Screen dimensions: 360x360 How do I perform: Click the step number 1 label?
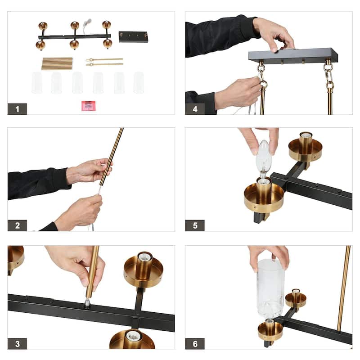[17, 109]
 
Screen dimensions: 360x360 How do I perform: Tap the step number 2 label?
[17, 225]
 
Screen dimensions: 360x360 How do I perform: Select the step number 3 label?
[17, 344]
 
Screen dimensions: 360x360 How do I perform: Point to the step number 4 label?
[195, 109]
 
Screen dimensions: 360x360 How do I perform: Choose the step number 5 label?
[195, 225]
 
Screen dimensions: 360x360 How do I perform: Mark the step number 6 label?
[195, 344]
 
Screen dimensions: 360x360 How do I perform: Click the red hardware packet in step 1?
[88, 106]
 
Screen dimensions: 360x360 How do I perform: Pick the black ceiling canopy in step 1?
[133, 37]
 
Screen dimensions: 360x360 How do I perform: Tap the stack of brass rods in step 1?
[57, 63]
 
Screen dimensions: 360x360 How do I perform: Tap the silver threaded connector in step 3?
[87, 302]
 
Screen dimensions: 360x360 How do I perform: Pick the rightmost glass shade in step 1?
[139, 83]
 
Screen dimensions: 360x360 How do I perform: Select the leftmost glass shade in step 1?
[37, 83]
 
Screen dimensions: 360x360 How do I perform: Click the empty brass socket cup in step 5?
[306, 147]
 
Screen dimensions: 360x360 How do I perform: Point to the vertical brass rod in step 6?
[344, 289]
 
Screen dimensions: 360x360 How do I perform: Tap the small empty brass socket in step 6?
[296, 298]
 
